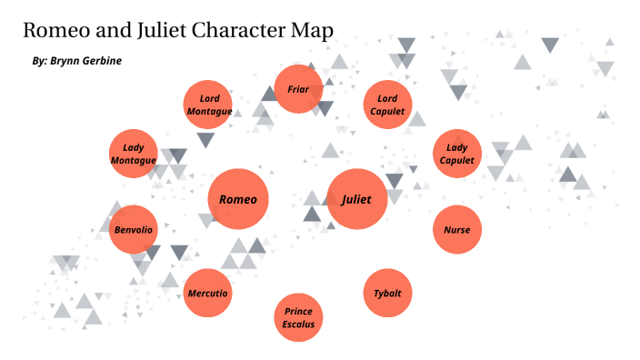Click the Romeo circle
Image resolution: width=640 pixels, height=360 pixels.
pos(239,199)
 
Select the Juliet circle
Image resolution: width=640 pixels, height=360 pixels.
pos(356,199)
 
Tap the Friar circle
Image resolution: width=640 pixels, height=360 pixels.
pos(298,89)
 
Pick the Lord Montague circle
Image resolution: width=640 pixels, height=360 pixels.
pos(208,105)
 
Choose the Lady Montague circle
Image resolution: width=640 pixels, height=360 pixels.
pos(134,154)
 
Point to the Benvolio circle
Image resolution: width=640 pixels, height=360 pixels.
pos(134,229)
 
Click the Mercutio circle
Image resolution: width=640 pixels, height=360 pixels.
pos(207,294)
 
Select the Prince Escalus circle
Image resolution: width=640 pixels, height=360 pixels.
pos(298,317)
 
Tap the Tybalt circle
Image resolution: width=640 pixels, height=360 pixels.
pos(387,294)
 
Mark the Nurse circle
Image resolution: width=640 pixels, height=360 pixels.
pos(456,229)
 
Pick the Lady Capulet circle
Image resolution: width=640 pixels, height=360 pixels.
pos(456,154)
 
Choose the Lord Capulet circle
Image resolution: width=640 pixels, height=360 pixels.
pos(387,105)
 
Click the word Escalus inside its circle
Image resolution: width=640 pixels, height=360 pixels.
pos(298,325)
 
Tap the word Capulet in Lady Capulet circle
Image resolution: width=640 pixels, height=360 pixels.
pos(456,161)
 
